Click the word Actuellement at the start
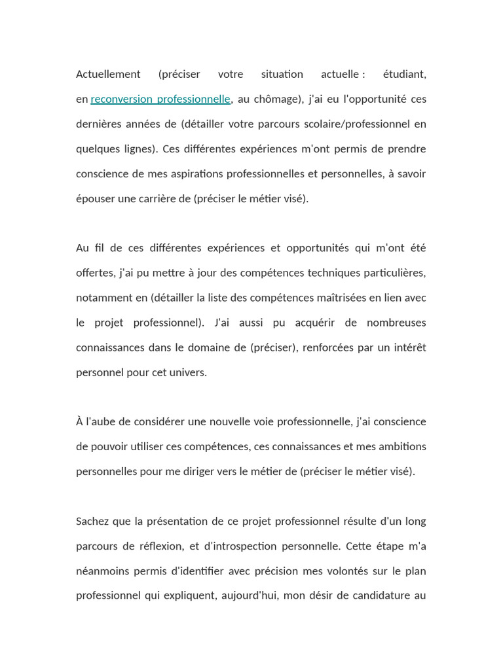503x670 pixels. [x=108, y=74]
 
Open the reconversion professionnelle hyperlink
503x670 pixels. [x=160, y=99]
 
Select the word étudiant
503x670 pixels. [x=404, y=74]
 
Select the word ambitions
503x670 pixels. [x=400, y=447]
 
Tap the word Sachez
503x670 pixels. [x=93, y=521]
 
